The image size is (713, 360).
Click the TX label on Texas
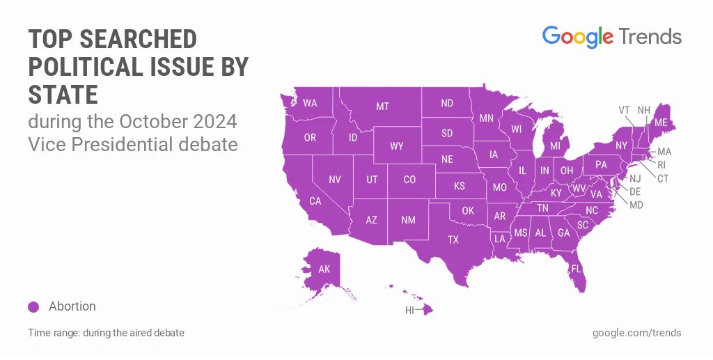point(453,240)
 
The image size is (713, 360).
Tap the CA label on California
point(315,201)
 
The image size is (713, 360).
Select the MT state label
point(382,107)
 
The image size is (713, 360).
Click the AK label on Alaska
point(324,269)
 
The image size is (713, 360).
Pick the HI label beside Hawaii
point(410,310)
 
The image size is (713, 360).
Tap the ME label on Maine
point(661,122)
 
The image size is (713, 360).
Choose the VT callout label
point(625,110)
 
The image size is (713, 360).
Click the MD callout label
point(636,205)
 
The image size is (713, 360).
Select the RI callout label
point(662,165)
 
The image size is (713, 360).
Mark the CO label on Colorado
point(409,180)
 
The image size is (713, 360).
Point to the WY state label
point(397,146)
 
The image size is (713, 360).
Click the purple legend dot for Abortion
point(33,307)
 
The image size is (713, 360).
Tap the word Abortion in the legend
point(72,306)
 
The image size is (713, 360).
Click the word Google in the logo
point(577,37)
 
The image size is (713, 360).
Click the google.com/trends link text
point(636,333)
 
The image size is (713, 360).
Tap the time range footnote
point(106,333)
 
